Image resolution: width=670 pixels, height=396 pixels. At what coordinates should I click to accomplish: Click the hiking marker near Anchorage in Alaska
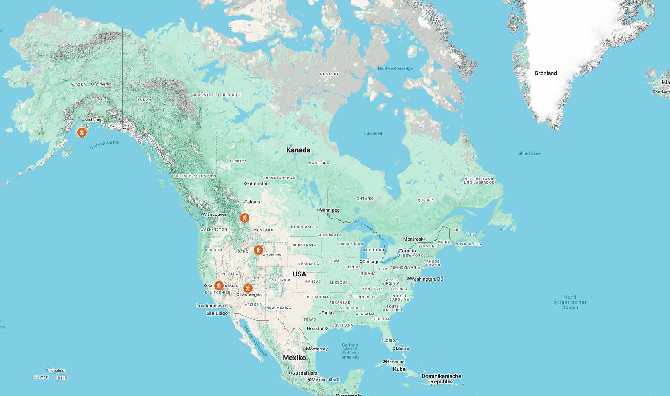click(82, 132)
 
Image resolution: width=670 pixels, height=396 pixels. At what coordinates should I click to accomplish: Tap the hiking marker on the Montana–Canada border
click(245, 218)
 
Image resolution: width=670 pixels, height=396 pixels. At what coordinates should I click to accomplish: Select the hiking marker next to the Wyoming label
click(258, 250)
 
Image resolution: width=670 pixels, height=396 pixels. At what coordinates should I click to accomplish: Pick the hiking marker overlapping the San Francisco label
click(218, 286)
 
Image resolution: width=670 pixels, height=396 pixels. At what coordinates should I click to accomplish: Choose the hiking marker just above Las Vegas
click(248, 288)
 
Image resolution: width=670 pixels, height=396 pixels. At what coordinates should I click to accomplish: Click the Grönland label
click(546, 73)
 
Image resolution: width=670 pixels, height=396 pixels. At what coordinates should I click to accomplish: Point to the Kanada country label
click(298, 150)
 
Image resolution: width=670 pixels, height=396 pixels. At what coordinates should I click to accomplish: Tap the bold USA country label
click(299, 274)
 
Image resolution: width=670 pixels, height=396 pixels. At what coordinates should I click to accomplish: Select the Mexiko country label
click(294, 358)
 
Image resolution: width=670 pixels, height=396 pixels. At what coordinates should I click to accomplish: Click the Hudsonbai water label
click(371, 133)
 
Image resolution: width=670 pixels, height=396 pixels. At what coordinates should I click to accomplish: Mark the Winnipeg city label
click(330, 210)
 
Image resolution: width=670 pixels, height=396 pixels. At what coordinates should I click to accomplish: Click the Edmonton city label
click(258, 184)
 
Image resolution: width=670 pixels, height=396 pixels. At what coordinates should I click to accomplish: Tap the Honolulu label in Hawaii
click(56, 370)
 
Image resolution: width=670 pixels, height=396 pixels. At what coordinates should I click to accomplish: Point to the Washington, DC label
click(426, 279)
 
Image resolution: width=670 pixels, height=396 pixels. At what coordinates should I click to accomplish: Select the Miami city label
click(402, 349)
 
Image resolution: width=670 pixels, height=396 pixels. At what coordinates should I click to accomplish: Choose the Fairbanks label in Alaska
click(102, 84)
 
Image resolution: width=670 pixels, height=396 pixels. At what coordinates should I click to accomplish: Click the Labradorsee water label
click(528, 153)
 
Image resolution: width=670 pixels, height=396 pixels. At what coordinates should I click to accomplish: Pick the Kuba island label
click(399, 369)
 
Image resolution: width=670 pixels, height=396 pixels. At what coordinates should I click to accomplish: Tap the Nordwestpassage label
click(395, 68)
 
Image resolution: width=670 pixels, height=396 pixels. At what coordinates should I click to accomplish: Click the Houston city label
click(316, 328)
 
